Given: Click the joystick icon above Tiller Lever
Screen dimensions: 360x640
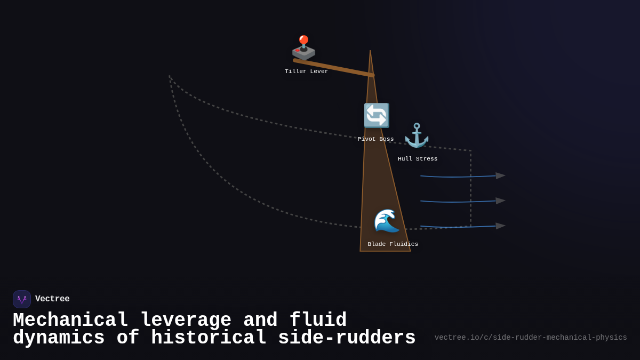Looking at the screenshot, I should (x=303, y=47).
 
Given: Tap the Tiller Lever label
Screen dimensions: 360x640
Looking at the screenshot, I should (x=306, y=71).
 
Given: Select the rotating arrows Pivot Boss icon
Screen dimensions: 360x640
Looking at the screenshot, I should (x=376, y=116).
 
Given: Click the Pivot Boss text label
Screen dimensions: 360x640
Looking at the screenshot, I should (x=375, y=139).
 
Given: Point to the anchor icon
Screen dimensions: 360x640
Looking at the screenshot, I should (x=417, y=135).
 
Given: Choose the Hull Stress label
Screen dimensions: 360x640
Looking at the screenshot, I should (x=418, y=159).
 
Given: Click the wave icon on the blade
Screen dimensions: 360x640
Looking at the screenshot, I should (x=387, y=221).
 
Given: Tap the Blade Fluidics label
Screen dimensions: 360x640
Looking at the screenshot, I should (x=393, y=244).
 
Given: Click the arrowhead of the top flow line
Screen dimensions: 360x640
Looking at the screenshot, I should (x=500, y=175).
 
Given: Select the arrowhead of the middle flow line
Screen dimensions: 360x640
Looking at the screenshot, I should (x=500, y=201).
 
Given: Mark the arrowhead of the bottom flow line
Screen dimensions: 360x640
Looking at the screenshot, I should (x=500, y=226).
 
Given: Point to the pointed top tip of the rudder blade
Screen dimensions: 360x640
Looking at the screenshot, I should (x=370, y=52).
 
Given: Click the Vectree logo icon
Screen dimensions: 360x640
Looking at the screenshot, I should (x=22, y=299).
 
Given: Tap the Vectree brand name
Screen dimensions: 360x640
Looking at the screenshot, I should (x=52, y=299).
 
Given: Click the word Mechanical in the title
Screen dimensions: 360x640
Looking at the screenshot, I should (x=70, y=321).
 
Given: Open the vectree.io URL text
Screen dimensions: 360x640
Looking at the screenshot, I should (x=530, y=338).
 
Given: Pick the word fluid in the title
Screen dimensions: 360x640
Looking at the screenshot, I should (x=318, y=321).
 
